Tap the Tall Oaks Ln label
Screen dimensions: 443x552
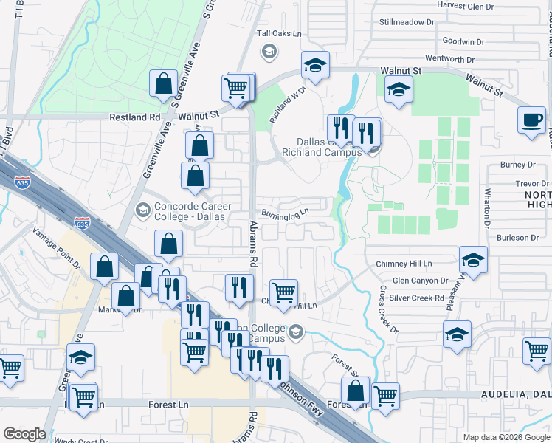279,34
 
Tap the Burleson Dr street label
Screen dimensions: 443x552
517,238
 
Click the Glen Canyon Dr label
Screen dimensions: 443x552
420,281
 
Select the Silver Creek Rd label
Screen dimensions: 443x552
418,298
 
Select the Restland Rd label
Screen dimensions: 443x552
134,117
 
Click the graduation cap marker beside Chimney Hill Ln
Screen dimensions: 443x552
473,260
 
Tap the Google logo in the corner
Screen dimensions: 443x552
24,434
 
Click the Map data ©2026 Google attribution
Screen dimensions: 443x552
506,437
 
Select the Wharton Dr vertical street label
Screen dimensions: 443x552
487,210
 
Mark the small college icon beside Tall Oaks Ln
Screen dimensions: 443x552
269,51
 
